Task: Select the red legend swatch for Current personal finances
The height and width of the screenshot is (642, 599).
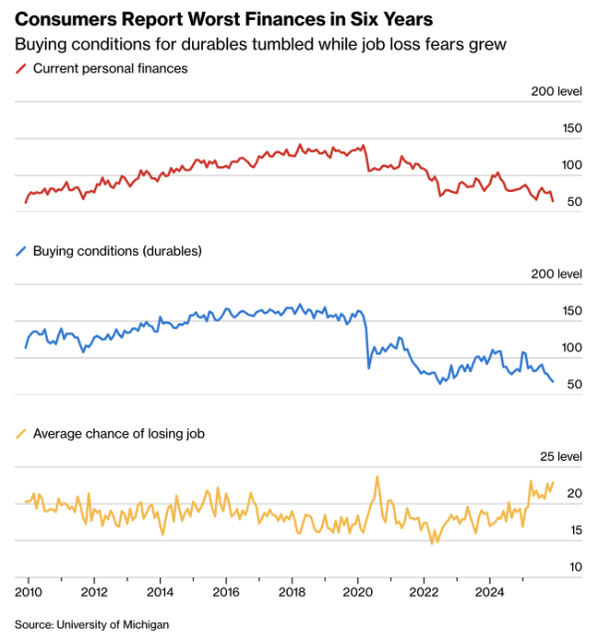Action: pos(21,69)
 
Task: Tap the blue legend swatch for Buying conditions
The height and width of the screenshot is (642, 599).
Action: pos(21,251)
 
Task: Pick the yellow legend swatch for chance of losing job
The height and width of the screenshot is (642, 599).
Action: pos(21,433)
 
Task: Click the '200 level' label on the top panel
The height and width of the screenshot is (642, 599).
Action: pos(556,92)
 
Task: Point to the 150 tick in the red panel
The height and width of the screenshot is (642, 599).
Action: pos(572,128)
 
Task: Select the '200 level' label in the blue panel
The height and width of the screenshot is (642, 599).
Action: pos(556,274)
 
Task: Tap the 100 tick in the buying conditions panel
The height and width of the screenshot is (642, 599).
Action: pos(572,347)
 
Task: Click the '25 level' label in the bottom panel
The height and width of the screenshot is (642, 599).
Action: pos(560,457)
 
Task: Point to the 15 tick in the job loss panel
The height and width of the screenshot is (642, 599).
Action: pos(575,531)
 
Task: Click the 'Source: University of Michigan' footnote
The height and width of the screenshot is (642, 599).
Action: pos(92,624)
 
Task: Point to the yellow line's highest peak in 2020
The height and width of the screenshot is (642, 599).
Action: pos(377,477)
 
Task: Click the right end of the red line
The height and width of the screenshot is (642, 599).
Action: pos(553,201)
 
